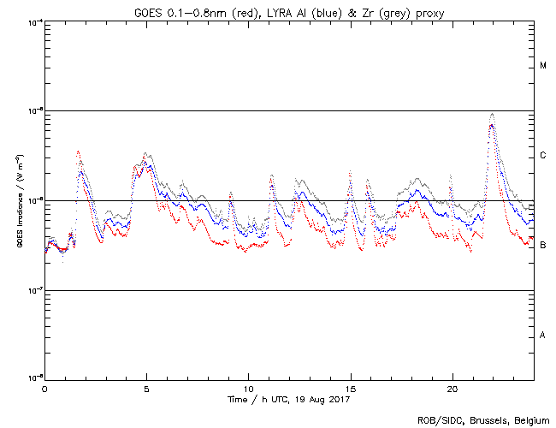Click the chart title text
pos(289,10)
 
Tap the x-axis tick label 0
pos(44,389)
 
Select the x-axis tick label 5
pos(146,389)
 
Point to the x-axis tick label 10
pos(248,389)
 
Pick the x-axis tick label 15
pos(350,389)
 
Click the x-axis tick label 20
pos(452,389)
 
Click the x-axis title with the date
pos(289,400)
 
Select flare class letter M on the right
pos(543,66)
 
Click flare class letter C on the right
pos(543,156)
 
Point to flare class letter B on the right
pos(543,246)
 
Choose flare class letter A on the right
pos(543,335)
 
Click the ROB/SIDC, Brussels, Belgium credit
pos(483,419)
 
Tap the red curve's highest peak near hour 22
pos(491,125)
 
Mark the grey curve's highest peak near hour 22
pos(492,114)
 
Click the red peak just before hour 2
pos(78,152)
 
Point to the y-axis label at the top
pos(33,22)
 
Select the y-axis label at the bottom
pos(33,378)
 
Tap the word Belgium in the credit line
pos(529,419)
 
